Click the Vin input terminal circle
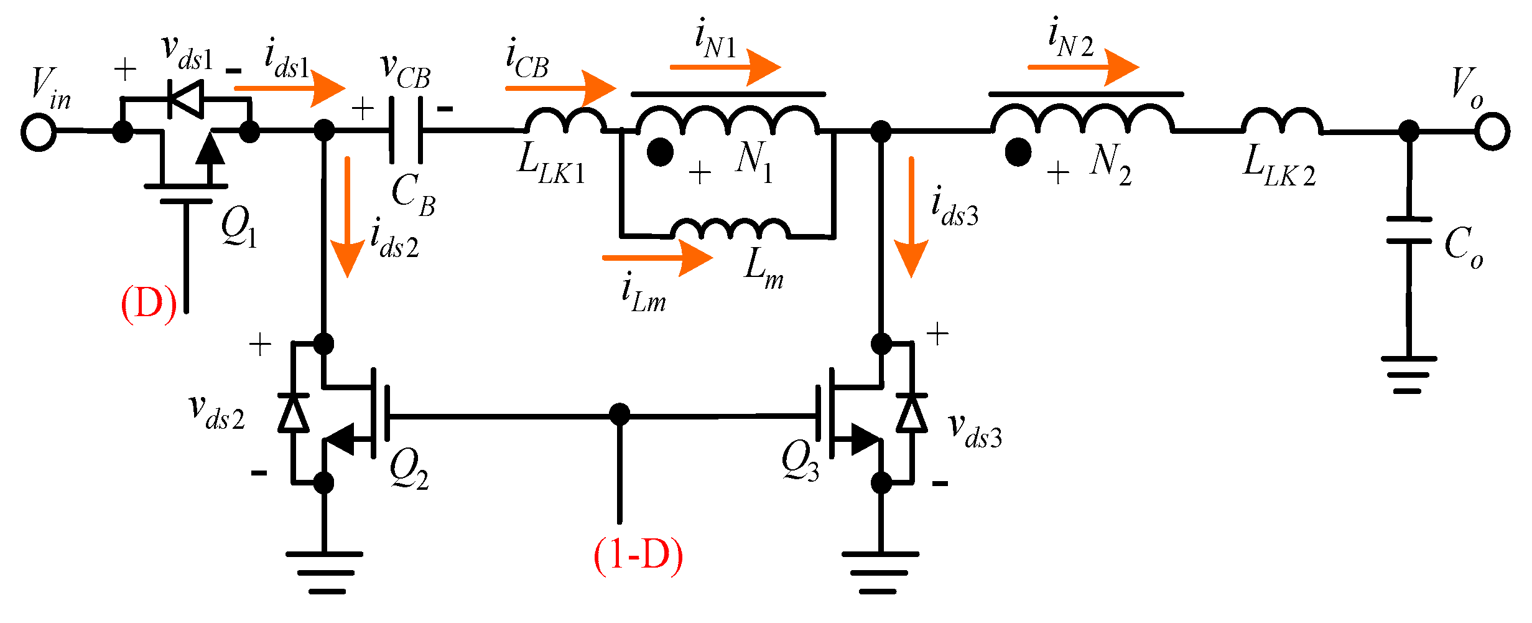39,132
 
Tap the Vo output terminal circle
1492,132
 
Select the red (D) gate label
148,304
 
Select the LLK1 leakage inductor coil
565,121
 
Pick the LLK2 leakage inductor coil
1282,121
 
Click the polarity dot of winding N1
660,152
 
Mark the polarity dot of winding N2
1018,152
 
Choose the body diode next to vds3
912,413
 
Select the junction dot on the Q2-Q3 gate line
619,415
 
